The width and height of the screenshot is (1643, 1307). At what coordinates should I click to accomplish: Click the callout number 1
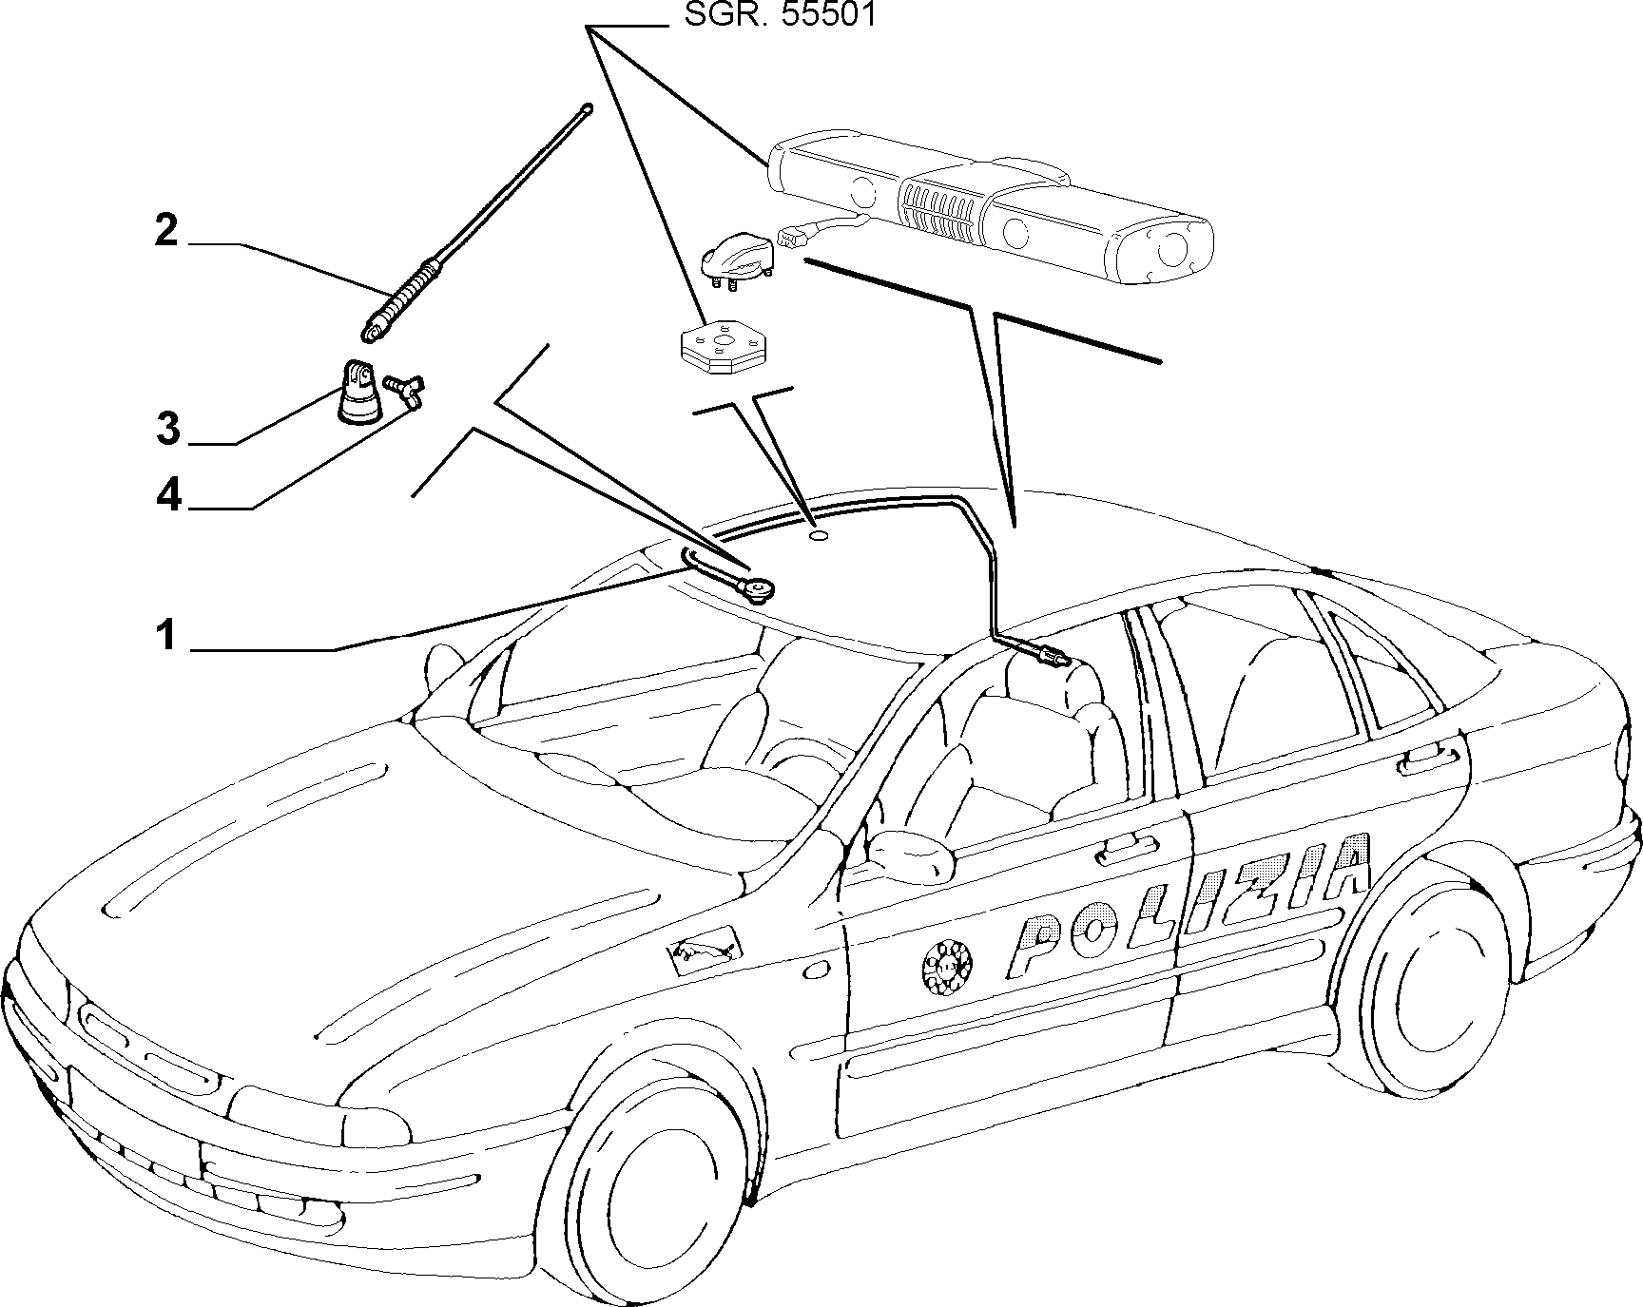click(x=167, y=634)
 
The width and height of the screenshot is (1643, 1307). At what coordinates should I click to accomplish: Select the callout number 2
click(x=167, y=231)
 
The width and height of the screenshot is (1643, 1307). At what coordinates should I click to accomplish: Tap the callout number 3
click(x=168, y=429)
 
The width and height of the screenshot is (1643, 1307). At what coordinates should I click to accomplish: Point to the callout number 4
click(x=168, y=495)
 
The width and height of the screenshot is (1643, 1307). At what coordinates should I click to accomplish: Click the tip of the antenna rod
click(x=589, y=108)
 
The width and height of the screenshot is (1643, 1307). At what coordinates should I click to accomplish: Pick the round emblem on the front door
click(x=947, y=969)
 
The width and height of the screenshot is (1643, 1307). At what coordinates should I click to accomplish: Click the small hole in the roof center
click(x=819, y=537)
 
